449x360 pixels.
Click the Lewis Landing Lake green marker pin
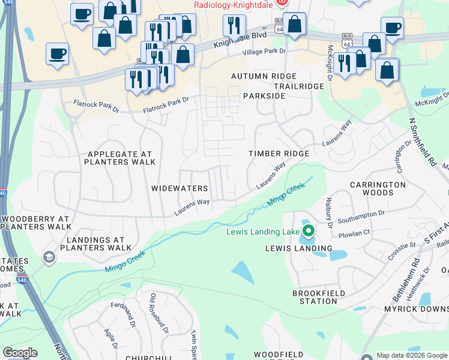click(309, 230)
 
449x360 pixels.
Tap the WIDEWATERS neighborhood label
click(179, 188)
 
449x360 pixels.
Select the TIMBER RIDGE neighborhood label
click(279, 154)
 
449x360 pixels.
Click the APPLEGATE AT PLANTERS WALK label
click(120, 158)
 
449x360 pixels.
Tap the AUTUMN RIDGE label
click(264, 76)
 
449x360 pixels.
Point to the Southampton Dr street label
click(361, 214)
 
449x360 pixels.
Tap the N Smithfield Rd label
click(422, 142)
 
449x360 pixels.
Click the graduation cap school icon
click(49, 258)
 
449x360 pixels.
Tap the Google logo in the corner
click(20, 353)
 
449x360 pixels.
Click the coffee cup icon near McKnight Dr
click(392, 28)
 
